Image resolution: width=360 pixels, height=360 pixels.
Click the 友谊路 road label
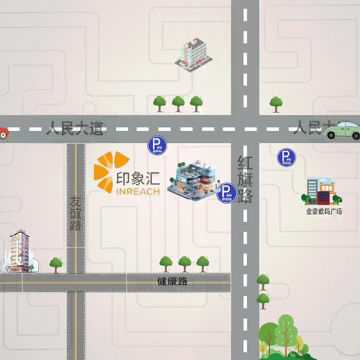click(76, 213)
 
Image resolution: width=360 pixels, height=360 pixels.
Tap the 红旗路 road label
click(245, 180)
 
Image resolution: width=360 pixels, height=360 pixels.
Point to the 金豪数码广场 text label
click(324, 211)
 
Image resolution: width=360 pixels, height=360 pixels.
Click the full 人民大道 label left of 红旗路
click(75, 129)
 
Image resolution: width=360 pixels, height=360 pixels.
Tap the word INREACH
click(138, 191)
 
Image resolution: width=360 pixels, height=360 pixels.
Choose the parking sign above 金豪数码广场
click(287, 158)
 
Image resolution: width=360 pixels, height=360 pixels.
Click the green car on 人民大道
click(343, 130)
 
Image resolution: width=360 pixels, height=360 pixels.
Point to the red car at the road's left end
click(4, 133)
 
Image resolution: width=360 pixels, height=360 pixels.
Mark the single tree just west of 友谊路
click(56, 265)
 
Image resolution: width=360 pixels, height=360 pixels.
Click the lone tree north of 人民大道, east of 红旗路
click(276, 104)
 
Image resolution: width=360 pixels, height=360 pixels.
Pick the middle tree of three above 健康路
click(185, 264)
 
